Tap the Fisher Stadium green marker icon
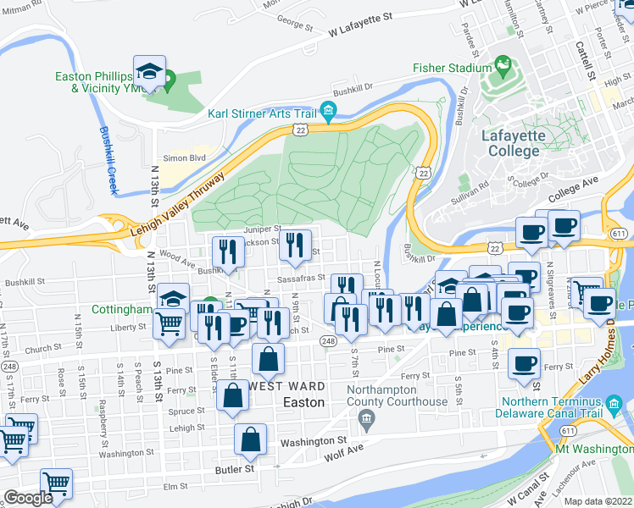[x=501, y=65]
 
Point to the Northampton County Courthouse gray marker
[x=366, y=417]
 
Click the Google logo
[x=27, y=498]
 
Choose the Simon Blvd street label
[x=185, y=158]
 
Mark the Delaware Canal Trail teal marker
[x=615, y=405]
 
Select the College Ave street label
[x=573, y=189]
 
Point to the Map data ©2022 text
[x=598, y=501]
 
